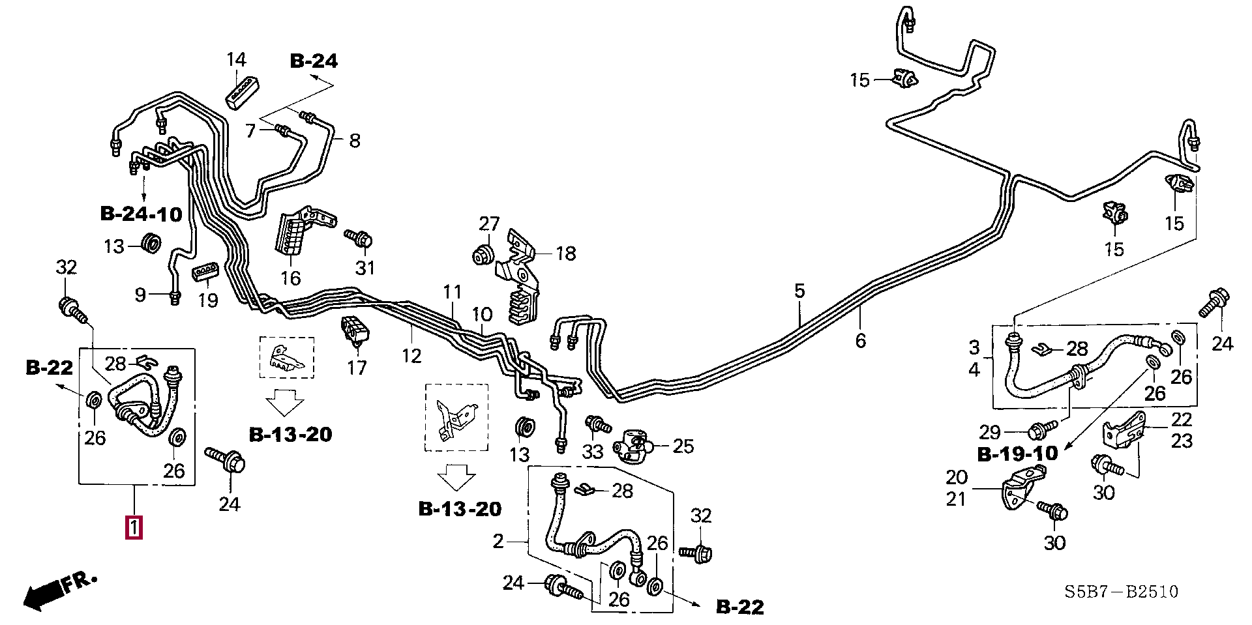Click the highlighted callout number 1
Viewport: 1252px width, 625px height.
pyautogui.click(x=134, y=527)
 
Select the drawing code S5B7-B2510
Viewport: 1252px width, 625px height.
pyautogui.click(x=1122, y=592)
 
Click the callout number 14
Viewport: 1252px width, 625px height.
pyautogui.click(x=237, y=60)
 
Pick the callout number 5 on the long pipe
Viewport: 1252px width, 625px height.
pyautogui.click(x=800, y=291)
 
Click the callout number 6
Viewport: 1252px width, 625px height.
pyautogui.click(x=860, y=340)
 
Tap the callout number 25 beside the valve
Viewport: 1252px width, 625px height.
pyautogui.click(x=683, y=446)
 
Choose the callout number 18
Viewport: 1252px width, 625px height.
pyautogui.click(x=566, y=253)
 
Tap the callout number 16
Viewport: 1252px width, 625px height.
pyautogui.click(x=291, y=278)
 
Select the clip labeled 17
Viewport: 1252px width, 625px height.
pyautogui.click(x=353, y=328)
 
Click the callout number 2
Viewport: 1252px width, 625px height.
pyautogui.click(x=499, y=541)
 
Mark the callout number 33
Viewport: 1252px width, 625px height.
pyautogui.click(x=592, y=450)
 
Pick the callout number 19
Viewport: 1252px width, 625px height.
pyautogui.click(x=208, y=300)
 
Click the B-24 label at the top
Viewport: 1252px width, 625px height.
pyautogui.click(x=314, y=61)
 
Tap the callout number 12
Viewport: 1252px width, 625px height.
pyautogui.click(x=411, y=355)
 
